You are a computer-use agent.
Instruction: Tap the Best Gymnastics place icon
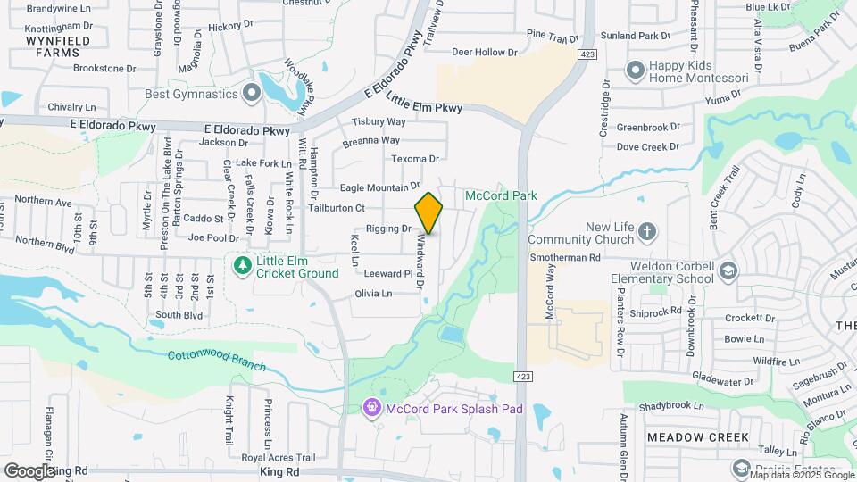(x=251, y=92)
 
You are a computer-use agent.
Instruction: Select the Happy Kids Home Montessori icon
(x=636, y=70)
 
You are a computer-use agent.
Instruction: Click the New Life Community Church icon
(x=648, y=233)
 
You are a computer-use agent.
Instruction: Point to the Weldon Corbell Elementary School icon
(x=728, y=271)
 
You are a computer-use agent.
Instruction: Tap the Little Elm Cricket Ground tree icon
(x=241, y=265)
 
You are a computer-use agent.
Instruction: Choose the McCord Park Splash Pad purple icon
(x=372, y=408)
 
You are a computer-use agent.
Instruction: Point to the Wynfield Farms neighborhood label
(x=52, y=46)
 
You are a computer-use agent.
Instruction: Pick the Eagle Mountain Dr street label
(x=379, y=187)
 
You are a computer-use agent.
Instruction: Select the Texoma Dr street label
(x=416, y=159)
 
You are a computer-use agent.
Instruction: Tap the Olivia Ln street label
(x=374, y=294)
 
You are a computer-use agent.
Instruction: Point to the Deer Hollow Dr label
(x=485, y=52)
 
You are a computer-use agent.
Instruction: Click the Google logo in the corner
(x=29, y=470)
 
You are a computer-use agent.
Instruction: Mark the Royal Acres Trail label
(x=279, y=457)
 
